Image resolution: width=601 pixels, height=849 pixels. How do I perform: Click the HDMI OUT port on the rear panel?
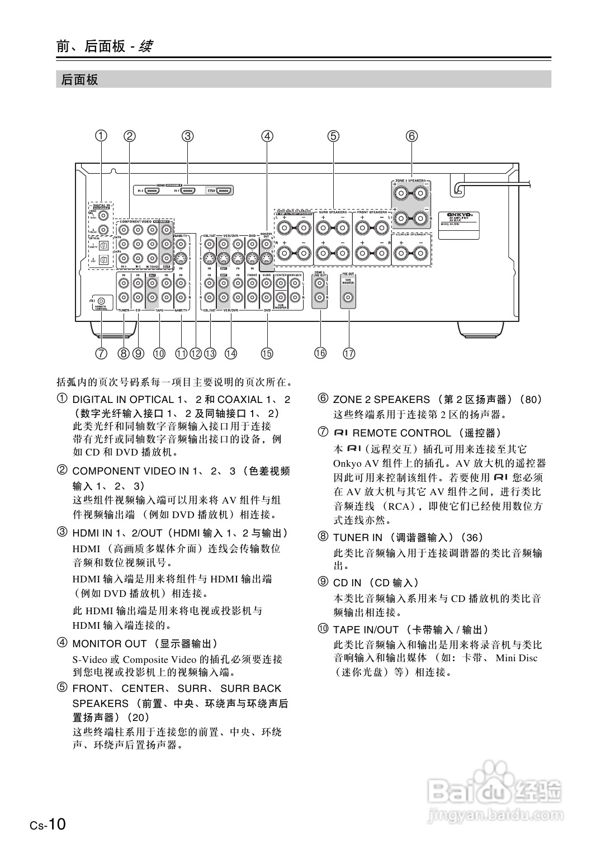tap(225, 191)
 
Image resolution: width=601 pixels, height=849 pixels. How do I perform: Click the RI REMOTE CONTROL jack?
tap(101, 301)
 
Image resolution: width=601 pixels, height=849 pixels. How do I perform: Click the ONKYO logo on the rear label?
tap(458, 214)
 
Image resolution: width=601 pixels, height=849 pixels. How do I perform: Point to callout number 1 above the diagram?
tap(101, 136)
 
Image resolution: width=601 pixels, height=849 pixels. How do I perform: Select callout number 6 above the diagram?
tap(411, 136)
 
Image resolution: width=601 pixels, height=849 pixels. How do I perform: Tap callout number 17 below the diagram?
tap(349, 353)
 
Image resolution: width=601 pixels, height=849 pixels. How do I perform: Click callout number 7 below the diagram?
tap(101, 353)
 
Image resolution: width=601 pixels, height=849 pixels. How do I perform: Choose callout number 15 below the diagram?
tap(267, 353)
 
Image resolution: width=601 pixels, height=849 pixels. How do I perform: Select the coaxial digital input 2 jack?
tap(103, 229)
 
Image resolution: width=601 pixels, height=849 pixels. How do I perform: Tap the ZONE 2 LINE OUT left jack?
tap(320, 283)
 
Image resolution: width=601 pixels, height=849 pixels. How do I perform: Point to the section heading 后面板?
tap(80, 80)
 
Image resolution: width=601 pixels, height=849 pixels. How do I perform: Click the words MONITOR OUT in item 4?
tap(110, 644)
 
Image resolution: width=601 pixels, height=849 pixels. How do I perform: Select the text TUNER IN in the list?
tap(358, 538)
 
